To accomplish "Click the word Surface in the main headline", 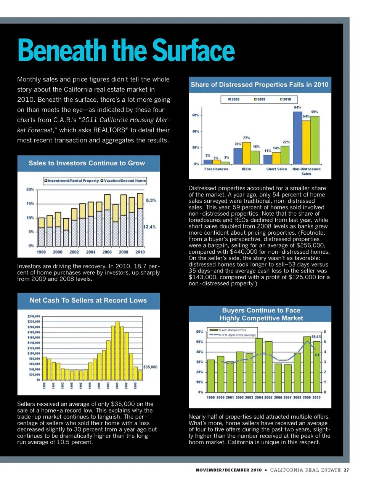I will coord(193,51).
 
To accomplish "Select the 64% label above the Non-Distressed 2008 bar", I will coord(297,107).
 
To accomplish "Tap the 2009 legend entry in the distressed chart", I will coord(260,99).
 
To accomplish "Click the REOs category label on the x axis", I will coord(246,169).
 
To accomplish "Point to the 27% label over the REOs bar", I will coord(247,138).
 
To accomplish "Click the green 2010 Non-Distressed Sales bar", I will coord(315,140).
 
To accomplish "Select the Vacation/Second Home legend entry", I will coord(123,181).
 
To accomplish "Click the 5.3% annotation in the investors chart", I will coord(151,200).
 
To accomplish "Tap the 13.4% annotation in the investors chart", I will coord(149,227).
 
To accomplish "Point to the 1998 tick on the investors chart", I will coord(41,252).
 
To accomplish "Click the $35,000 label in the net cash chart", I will coord(150,367).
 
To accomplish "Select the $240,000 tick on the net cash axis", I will coord(34,317).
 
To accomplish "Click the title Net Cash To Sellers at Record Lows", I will coord(88,301).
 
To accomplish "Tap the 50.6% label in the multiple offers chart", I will coord(316,337).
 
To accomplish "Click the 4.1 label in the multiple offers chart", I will coord(317,355).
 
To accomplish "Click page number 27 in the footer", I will coord(346,470).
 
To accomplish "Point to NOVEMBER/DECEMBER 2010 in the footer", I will coord(229,470).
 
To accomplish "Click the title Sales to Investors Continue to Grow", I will coord(87,163).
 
